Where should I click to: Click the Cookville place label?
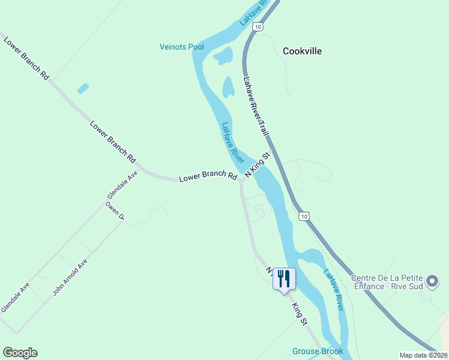point(302,51)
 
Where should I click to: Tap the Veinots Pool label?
point(181,47)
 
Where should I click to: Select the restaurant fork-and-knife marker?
point(284,279)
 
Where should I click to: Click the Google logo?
point(20,353)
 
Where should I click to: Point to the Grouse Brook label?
point(318,351)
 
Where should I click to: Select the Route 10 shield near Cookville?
point(258,26)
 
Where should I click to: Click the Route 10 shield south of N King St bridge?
point(305,215)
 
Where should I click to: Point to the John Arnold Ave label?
point(70,277)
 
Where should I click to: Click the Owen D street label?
point(114,211)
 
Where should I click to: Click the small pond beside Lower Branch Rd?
point(83,88)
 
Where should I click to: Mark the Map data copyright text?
point(424,355)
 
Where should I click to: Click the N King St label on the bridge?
point(258,164)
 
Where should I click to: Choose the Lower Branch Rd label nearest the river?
point(208,176)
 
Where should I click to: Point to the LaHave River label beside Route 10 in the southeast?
point(333,290)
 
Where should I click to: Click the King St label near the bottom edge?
point(300,314)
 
